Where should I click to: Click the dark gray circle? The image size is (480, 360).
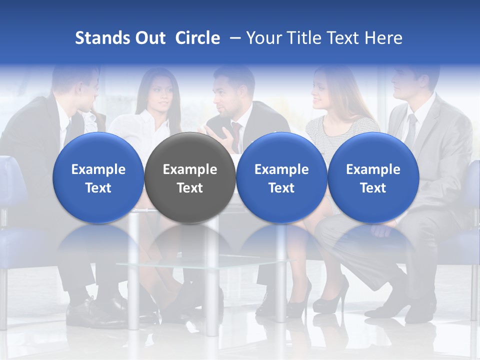click(190, 177)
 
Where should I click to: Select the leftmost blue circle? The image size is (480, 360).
click(98, 177)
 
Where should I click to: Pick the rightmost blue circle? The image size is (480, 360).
click(373, 177)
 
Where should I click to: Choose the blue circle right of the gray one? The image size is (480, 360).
click(281, 177)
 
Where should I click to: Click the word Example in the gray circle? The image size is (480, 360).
click(190, 169)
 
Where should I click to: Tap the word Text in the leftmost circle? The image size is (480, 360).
click(98, 188)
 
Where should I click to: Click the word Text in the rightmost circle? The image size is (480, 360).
click(373, 188)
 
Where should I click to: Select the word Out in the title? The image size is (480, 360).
click(149, 38)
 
